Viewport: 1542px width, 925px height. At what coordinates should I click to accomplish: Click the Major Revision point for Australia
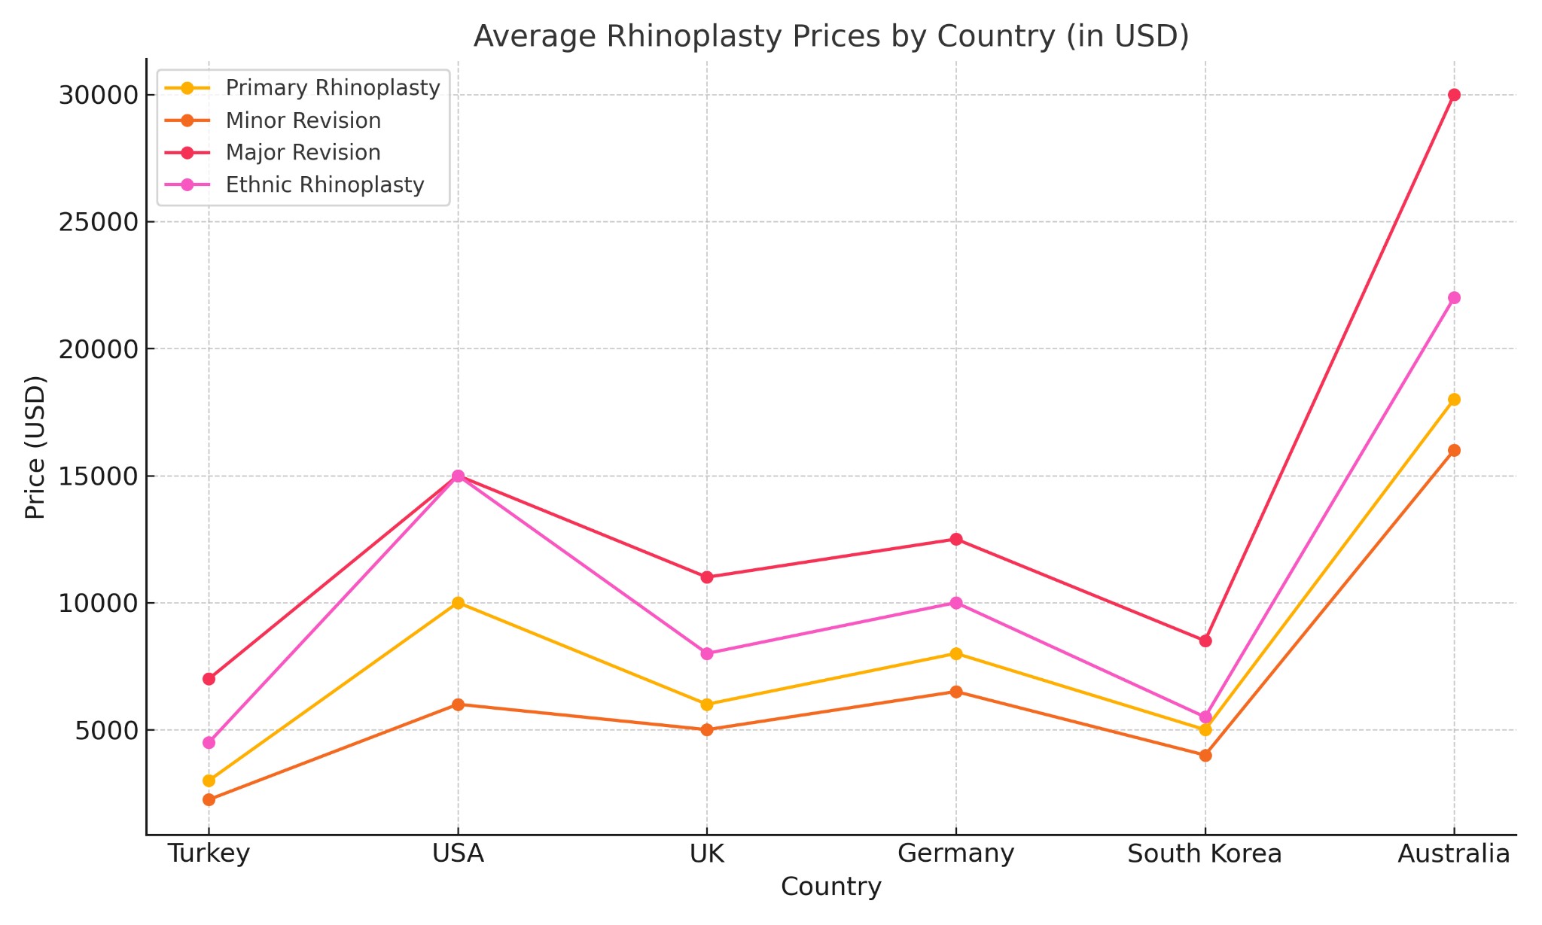coord(1454,95)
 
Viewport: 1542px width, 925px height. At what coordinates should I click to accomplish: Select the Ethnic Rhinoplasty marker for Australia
coord(1454,298)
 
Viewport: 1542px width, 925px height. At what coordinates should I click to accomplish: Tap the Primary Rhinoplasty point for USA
coord(458,603)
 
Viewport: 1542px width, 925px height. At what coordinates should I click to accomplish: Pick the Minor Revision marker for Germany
coord(956,692)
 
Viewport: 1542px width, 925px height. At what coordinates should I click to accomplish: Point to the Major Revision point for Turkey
coord(209,679)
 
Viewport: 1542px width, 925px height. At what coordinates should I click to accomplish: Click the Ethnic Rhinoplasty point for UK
coord(707,653)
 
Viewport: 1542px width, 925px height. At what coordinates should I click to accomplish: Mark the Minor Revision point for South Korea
coord(1205,755)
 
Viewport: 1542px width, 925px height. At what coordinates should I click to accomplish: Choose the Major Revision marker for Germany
coord(956,539)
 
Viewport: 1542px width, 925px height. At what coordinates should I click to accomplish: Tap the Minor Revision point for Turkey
coord(209,799)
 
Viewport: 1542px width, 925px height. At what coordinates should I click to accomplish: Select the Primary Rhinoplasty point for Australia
coord(1454,400)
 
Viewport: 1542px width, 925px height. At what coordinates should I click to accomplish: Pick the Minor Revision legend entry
coord(303,120)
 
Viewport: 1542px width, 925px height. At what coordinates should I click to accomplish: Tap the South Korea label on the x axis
coord(1205,854)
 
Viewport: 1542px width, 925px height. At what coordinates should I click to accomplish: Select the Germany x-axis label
coord(956,854)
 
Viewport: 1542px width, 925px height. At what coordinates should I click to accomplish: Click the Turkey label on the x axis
coord(209,854)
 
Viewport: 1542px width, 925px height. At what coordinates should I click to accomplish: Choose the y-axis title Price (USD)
coord(35,446)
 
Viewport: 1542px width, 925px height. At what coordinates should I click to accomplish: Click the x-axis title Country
coord(830,887)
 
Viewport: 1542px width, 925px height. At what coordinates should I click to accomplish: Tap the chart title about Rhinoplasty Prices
coord(830,36)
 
